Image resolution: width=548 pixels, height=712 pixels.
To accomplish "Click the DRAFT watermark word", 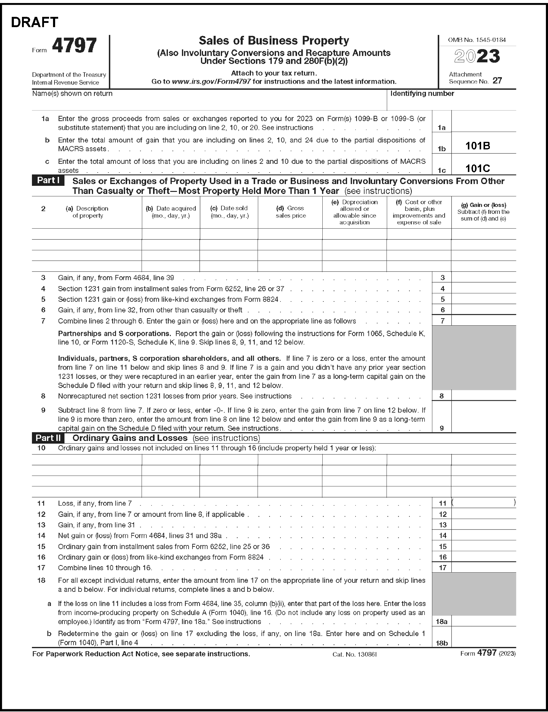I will (35, 22).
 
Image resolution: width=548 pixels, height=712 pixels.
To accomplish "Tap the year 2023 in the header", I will (477, 56).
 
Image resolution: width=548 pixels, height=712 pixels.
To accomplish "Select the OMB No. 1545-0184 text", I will (477, 40).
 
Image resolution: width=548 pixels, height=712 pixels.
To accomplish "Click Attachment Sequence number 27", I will (497, 80).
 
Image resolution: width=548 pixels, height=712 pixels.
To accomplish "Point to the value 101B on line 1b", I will (478, 146).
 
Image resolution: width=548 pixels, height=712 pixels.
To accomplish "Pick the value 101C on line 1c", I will (478, 168).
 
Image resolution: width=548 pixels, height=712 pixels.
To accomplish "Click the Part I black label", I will (48, 180).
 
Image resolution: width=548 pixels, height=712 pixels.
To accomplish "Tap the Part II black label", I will (48, 438).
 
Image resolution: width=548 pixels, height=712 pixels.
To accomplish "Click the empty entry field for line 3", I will (484, 278).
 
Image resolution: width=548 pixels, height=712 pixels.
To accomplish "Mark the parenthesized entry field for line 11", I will (484, 503).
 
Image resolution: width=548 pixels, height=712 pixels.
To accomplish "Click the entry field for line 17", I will (484, 567).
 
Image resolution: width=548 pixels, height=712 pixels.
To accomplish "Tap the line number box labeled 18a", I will (442, 621).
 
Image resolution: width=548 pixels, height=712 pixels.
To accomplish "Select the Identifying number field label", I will (422, 94).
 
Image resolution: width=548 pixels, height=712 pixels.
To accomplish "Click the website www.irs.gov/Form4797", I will (211, 82).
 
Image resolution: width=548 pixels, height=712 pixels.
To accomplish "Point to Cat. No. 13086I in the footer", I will (355, 654).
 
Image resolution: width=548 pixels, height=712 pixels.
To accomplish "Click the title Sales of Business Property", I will (274, 40).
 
